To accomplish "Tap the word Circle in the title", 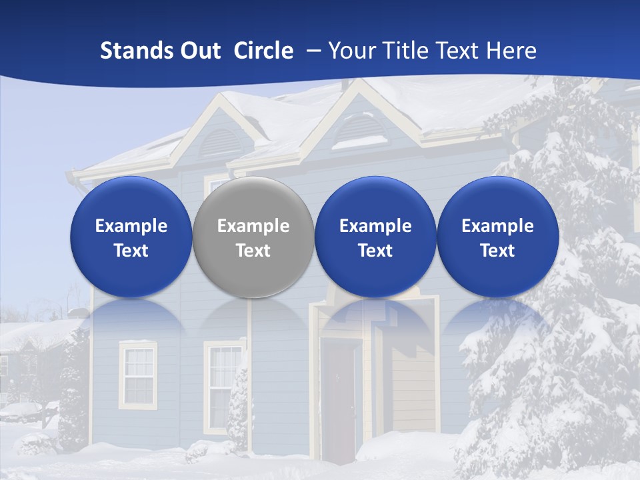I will tap(263, 51).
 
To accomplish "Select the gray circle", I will tap(253, 237).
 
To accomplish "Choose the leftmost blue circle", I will tap(131, 237).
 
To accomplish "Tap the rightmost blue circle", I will tap(497, 237).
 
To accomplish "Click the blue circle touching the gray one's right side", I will tap(375, 237).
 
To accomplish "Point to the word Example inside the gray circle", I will tap(253, 226).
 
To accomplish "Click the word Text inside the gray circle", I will tap(253, 251).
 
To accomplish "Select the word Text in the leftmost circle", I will tap(131, 251).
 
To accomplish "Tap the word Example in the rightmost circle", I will tap(497, 226).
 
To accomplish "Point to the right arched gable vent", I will tap(359, 130).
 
